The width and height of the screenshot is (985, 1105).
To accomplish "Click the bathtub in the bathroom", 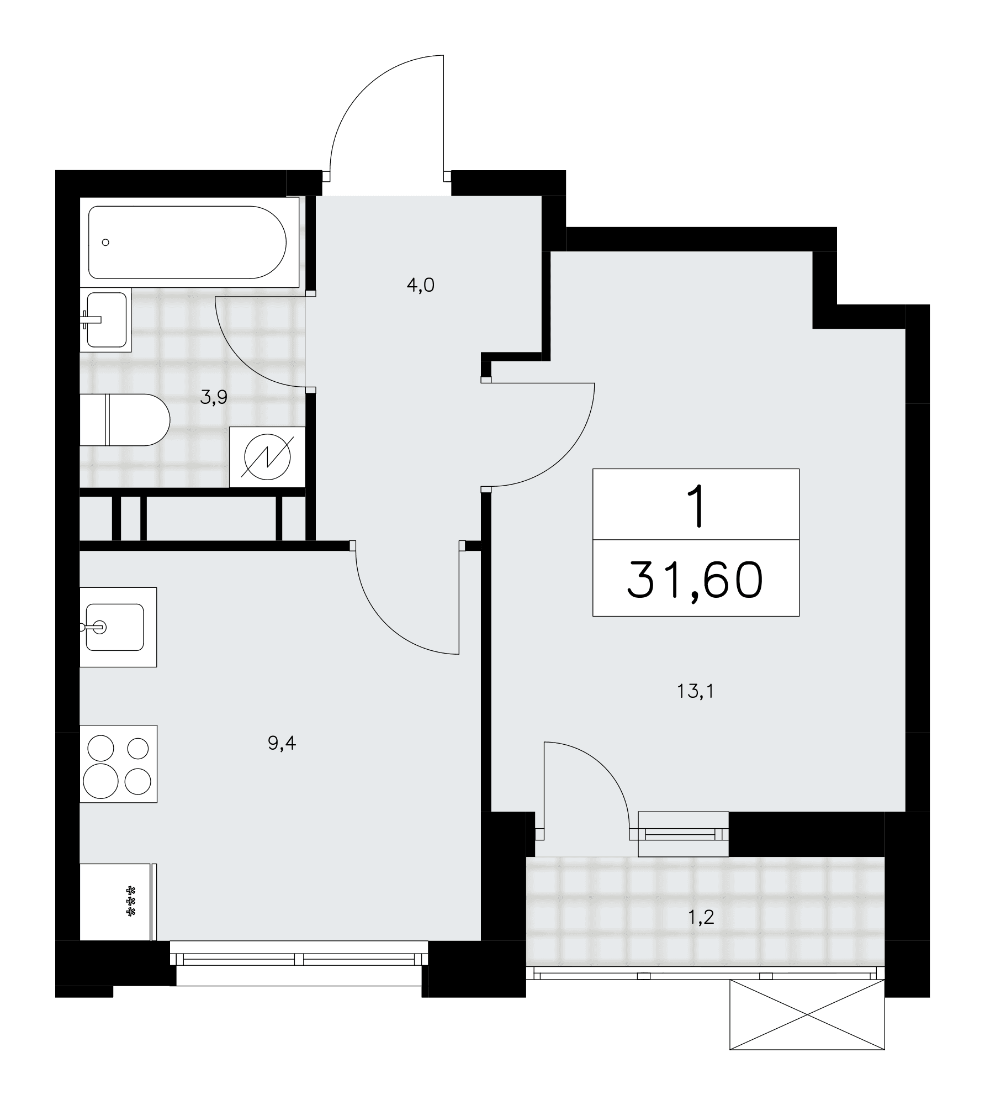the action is [188, 242].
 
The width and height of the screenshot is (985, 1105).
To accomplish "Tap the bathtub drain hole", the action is [106, 242].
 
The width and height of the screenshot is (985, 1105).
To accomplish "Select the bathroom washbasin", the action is [105, 319].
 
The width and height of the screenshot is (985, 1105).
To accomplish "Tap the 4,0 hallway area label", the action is [420, 285].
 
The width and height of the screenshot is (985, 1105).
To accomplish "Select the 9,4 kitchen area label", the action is [282, 743].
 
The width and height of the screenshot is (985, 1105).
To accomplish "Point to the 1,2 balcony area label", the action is [701, 918].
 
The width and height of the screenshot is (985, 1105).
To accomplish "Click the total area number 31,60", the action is [696, 581].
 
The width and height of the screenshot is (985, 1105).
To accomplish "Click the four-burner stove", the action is [118, 764].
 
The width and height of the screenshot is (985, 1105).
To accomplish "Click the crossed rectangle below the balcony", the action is [807, 1014].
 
